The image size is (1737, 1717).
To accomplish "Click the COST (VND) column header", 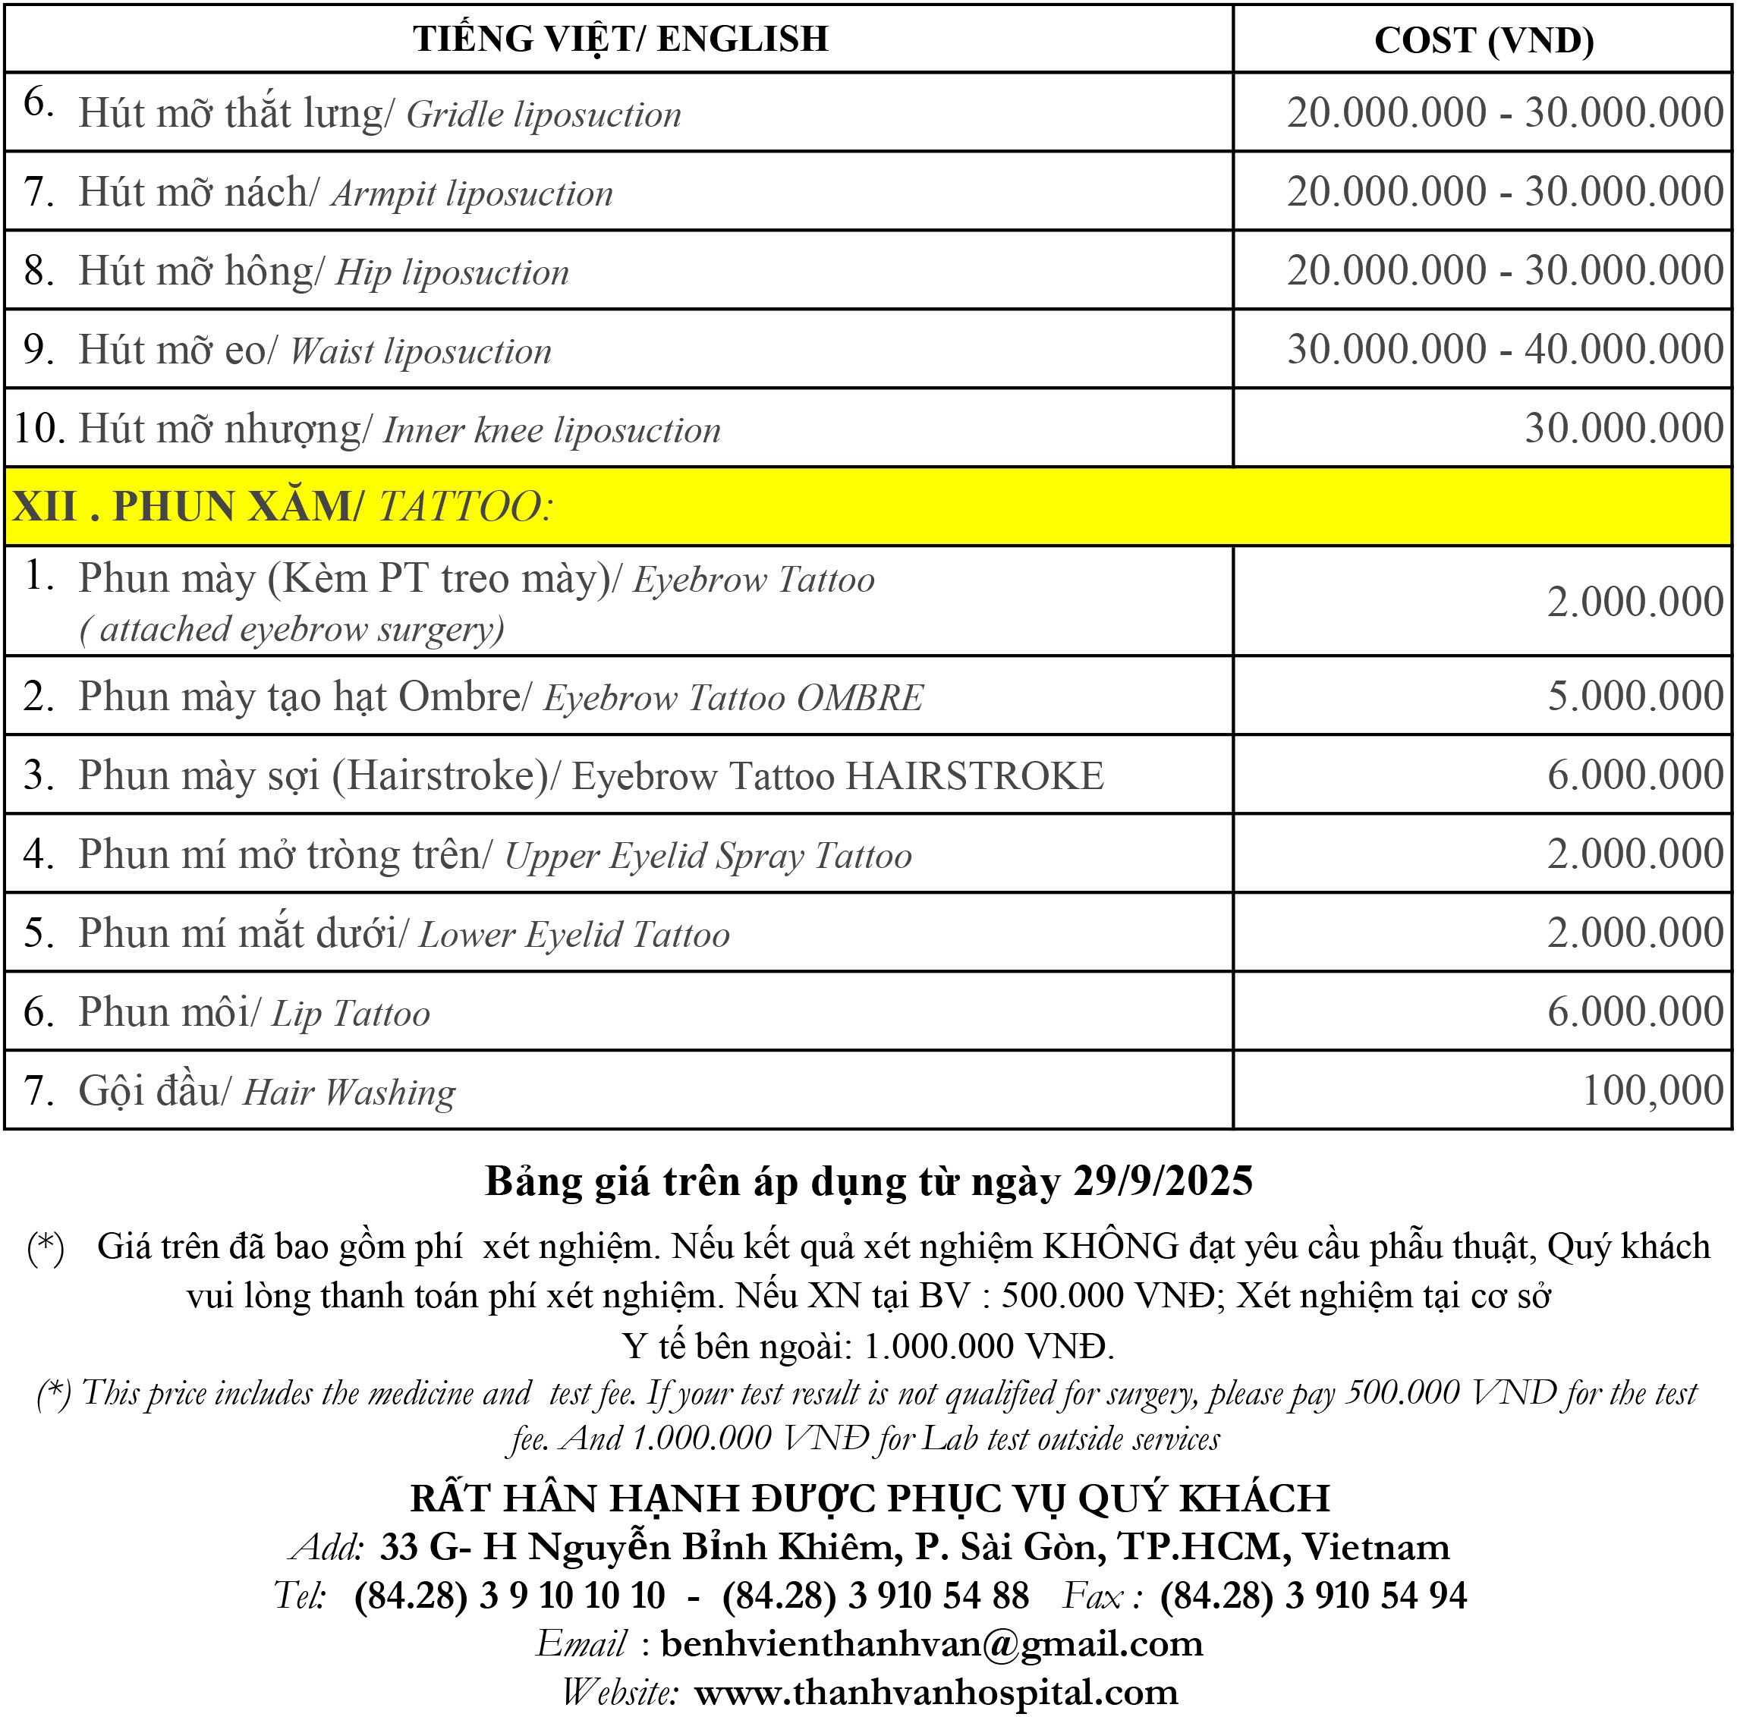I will coord(1484,40).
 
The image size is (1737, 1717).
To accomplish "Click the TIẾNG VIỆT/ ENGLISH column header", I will coord(621,39).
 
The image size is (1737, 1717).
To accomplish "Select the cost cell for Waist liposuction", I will coord(1505,349).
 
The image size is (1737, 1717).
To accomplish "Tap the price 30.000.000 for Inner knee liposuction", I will coord(1624,428).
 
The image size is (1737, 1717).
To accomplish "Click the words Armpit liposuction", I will coord(472,193).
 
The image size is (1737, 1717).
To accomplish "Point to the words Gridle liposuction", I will coord(543,114).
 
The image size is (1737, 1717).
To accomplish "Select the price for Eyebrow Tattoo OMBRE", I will coord(1635,696).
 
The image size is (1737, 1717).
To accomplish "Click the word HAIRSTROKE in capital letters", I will coord(974,775).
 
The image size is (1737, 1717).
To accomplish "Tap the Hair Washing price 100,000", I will coord(1653,1090).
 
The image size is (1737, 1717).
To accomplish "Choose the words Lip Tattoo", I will coord(351,1013).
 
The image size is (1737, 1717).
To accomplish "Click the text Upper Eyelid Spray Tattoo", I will coord(707,856).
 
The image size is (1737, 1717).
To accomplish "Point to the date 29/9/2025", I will coord(1163,1181).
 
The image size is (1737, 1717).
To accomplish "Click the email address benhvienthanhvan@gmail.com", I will coord(931,1643).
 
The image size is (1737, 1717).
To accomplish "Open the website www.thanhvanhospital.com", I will coord(936,1692).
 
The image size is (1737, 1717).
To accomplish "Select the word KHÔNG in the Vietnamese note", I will coord(1110,1246).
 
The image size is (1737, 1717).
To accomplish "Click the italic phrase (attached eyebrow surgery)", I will coord(292,629).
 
